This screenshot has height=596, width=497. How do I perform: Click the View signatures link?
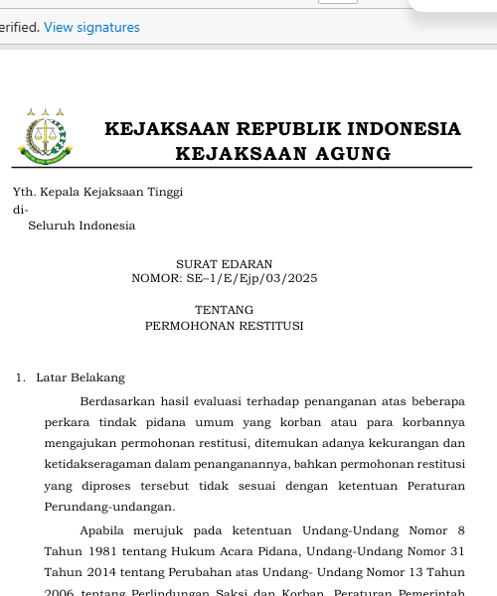click(x=91, y=28)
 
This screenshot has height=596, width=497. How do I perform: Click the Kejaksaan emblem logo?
click(x=43, y=136)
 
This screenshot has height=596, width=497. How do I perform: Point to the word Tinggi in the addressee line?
click(x=162, y=192)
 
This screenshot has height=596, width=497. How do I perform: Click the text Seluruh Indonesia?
click(x=82, y=225)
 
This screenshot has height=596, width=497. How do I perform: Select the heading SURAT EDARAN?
click(x=224, y=263)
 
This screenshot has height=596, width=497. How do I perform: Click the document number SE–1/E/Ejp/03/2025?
click(x=251, y=278)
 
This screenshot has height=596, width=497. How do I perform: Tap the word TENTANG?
click(x=224, y=310)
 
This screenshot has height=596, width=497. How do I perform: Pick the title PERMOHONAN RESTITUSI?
click(x=224, y=325)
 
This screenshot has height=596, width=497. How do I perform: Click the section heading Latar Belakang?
click(x=81, y=377)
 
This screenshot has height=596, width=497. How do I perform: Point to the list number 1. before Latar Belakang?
click(x=20, y=377)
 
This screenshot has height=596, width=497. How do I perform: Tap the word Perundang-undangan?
click(x=95, y=507)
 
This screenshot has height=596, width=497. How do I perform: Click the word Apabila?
click(x=102, y=530)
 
